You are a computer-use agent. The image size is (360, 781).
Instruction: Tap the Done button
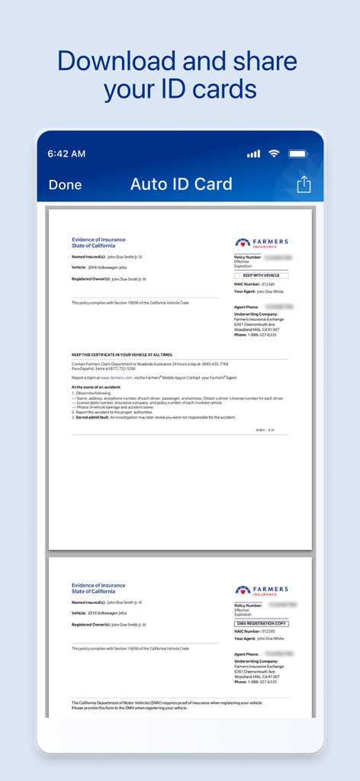pos(65,185)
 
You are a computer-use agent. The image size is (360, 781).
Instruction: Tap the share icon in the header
pos(304,185)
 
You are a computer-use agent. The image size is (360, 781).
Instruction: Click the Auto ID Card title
pos(182,184)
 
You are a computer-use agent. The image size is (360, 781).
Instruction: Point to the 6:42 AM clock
pos(66,153)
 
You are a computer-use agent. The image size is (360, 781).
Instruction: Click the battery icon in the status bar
pos(297,153)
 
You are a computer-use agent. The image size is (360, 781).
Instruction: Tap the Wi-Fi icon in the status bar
pos(273,153)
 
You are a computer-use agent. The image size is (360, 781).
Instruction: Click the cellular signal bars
pos(253,154)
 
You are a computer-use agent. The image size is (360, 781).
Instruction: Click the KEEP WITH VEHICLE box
pos(261,275)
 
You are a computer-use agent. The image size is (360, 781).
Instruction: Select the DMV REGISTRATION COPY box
pos(261,624)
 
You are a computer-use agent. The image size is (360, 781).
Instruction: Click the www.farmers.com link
pos(117,377)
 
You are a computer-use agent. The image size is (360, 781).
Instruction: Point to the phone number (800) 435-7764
pos(214,364)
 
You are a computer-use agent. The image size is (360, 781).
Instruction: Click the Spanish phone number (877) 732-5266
pos(121,368)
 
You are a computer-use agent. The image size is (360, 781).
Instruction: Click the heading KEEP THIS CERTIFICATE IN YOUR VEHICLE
pos(122,355)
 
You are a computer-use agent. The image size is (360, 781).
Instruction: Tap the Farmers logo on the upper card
pos(262,243)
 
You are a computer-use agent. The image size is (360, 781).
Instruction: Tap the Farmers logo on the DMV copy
pos(262,590)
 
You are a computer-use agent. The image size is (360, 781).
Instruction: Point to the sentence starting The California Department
pos(167,702)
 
